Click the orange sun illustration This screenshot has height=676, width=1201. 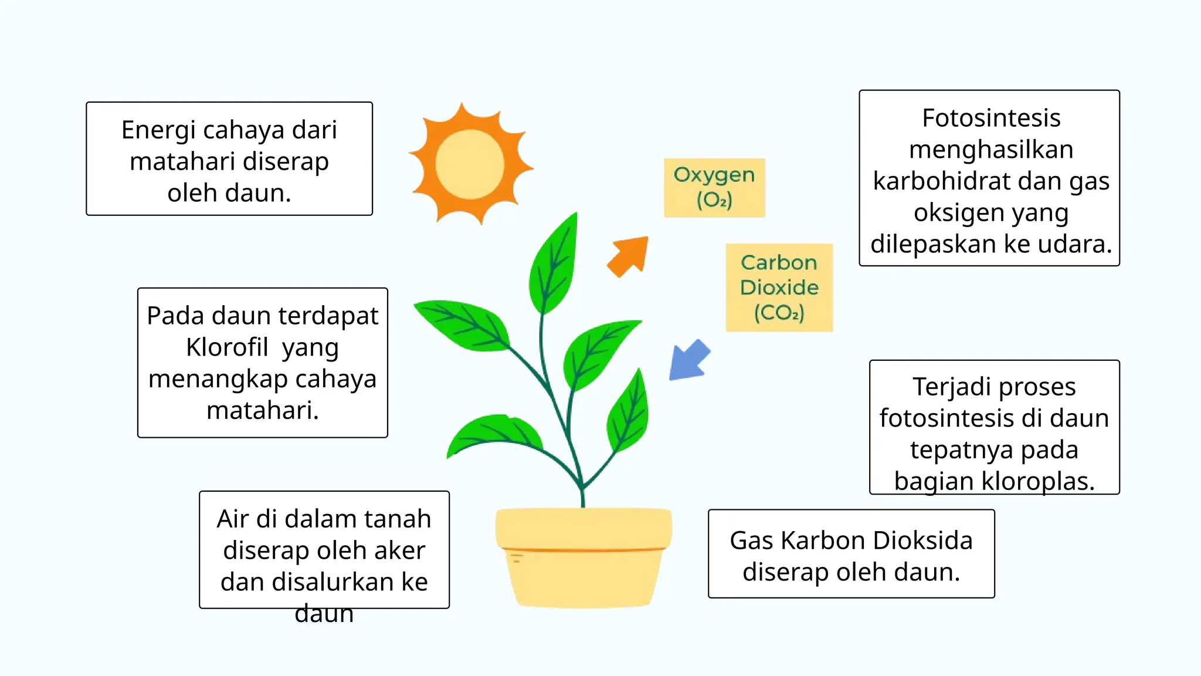point(470,164)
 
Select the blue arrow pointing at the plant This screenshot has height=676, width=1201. point(689,360)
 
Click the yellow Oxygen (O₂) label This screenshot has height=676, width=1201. point(714,187)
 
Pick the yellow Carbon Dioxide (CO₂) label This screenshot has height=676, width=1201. point(779,288)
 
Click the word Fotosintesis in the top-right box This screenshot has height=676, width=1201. point(991,118)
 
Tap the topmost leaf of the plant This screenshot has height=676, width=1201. point(555,264)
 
